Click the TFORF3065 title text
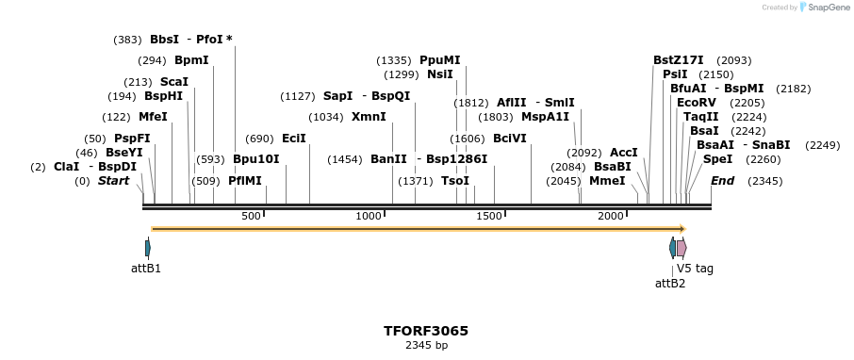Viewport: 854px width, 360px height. pos(426,331)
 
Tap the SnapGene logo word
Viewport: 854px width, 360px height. pos(825,8)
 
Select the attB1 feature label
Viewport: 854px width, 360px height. pos(146,269)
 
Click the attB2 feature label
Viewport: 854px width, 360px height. pos(670,283)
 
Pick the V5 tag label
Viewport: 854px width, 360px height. pos(695,269)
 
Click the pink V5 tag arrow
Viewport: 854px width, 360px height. pos(682,248)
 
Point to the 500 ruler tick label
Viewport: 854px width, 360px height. pos(251,217)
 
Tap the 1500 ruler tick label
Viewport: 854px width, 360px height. pos(489,217)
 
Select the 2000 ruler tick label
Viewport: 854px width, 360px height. pos(611,217)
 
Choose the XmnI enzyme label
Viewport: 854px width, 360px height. pos(369,117)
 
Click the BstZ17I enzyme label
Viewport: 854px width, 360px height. pos(679,60)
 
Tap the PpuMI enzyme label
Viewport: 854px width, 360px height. pos(440,60)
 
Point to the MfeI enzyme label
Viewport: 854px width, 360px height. pos(153,117)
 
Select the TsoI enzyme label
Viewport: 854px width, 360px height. pos(455,181)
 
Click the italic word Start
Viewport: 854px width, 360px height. pos(114,181)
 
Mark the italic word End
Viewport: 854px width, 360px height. pos(723,181)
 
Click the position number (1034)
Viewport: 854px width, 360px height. pos(326,117)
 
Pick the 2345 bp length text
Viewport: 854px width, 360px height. pos(426,346)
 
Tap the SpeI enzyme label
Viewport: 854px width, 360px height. pos(717,159)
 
